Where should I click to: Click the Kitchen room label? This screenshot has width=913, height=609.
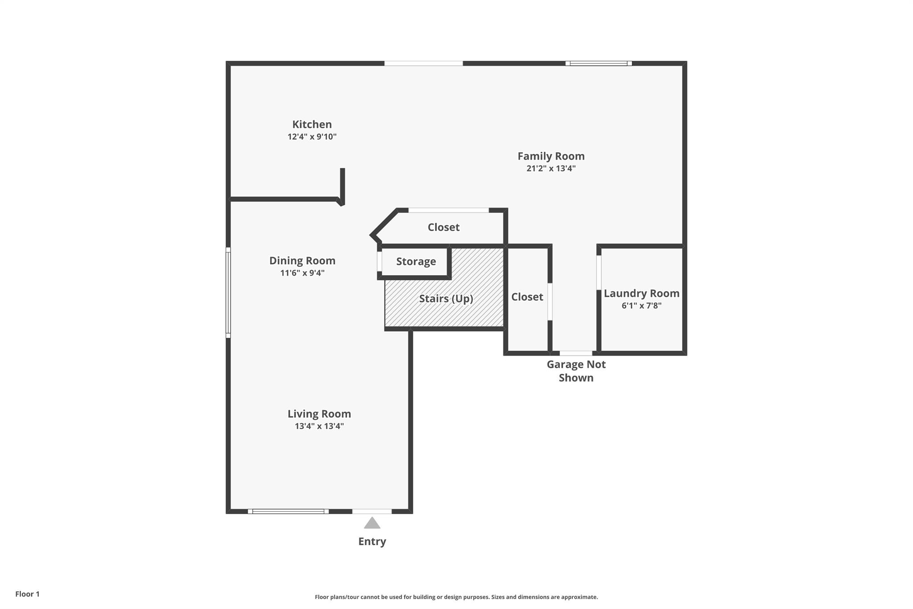click(x=312, y=124)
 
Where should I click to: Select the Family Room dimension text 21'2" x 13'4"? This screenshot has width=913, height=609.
click(x=551, y=169)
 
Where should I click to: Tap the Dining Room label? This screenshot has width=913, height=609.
click(x=302, y=261)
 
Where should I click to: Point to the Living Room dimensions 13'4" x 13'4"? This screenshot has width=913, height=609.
click(x=319, y=426)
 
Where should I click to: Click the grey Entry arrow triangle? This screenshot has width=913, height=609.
click(x=372, y=523)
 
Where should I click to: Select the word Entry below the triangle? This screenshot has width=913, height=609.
click(x=372, y=541)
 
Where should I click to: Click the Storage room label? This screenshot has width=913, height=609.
click(x=416, y=261)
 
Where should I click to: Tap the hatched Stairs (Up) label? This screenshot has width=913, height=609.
click(x=446, y=298)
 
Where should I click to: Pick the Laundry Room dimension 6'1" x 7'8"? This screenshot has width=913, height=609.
click(x=642, y=306)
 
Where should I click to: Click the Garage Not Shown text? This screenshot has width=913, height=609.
click(x=576, y=371)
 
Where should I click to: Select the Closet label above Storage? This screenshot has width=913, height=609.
click(x=444, y=228)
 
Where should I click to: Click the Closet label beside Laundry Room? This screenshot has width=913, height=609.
click(x=527, y=297)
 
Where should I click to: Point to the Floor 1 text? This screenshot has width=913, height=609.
click(x=27, y=594)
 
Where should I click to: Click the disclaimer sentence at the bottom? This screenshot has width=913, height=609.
click(x=456, y=597)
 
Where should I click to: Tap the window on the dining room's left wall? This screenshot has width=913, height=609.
click(x=228, y=293)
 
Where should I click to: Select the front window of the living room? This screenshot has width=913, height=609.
click(x=288, y=511)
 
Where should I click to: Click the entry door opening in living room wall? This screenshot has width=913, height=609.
click(x=372, y=511)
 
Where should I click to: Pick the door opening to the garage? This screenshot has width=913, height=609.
click(x=576, y=353)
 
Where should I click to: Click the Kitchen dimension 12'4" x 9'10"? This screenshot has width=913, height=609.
click(x=312, y=137)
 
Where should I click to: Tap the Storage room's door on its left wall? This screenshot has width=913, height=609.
click(x=379, y=262)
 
